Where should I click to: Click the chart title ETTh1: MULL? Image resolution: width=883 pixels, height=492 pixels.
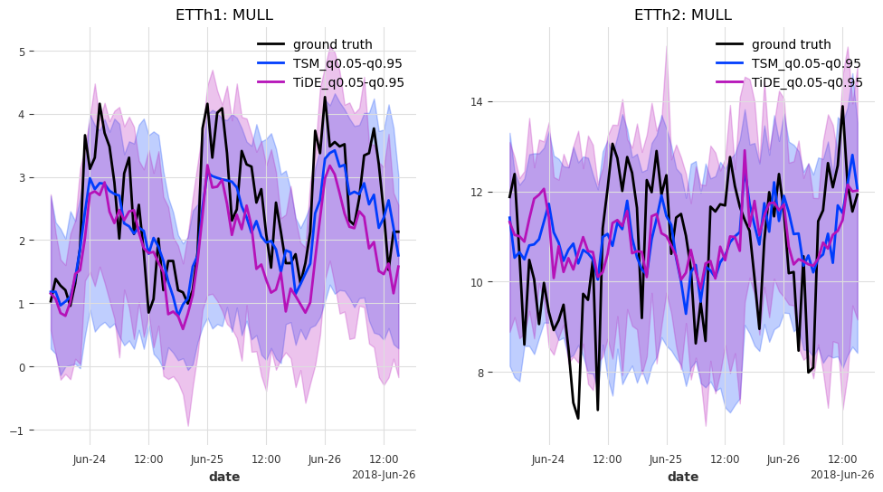pos(223,14)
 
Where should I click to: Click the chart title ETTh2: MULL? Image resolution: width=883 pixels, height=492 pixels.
pos(682,14)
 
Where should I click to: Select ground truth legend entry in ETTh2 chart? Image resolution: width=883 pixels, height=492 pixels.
pos(791,44)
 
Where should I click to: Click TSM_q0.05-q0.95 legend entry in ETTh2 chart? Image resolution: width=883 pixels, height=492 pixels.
pos(807,63)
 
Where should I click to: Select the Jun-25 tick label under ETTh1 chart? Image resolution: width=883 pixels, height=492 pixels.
pos(207,459)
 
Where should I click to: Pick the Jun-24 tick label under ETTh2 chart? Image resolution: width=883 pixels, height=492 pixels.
pos(548,459)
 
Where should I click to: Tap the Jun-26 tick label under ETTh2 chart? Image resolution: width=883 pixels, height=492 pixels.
pos(783,459)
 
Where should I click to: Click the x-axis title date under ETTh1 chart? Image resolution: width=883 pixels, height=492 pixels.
pos(224,477)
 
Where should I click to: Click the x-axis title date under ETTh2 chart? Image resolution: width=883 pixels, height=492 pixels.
pos(683,477)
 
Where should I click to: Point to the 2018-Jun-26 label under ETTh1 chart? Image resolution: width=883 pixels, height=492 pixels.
pos(383,475)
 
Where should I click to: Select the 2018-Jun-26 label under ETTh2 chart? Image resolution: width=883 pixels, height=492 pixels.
pos(841,475)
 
